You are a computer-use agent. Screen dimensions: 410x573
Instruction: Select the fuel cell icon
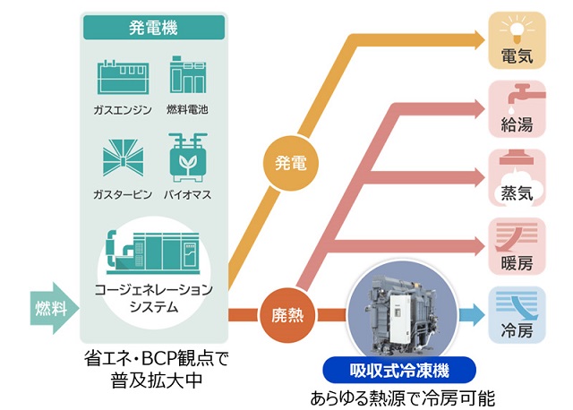[188, 77]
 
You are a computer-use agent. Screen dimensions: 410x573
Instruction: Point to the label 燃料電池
[188, 109]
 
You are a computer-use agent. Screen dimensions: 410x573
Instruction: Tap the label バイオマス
[188, 193]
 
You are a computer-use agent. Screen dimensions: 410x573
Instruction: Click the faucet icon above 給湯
[517, 95]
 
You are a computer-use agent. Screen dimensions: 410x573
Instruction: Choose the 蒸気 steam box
[517, 176]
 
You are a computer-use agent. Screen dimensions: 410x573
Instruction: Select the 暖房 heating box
[517, 245]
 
